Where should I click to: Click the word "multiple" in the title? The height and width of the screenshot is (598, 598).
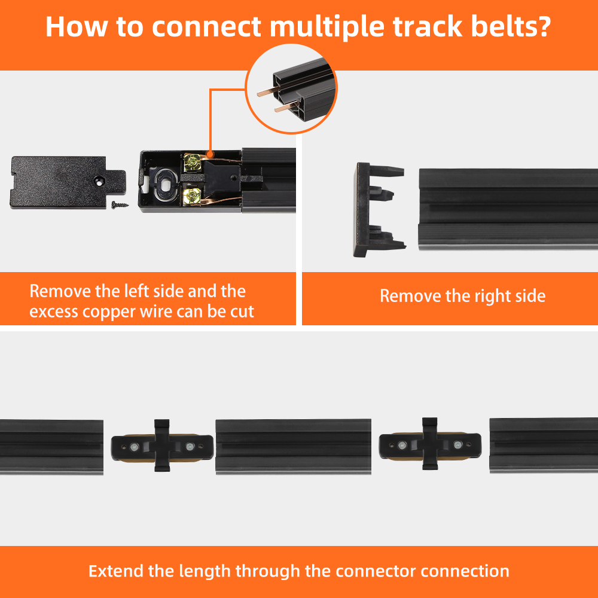pos(327,27)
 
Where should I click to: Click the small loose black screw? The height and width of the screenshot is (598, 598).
pos(120,205)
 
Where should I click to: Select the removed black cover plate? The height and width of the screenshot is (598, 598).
pos(68,182)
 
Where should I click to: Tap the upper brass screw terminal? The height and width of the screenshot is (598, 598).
pos(192,163)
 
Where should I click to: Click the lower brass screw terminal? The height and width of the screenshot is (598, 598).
pos(192,196)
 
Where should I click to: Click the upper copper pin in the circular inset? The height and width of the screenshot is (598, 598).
pos(269,91)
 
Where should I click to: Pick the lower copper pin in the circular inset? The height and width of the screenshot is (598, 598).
pos(286,108)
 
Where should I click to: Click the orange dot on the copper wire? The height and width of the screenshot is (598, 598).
pos(210,154)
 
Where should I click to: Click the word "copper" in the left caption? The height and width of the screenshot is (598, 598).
pos(109,312)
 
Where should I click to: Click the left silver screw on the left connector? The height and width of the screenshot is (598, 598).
pos(134,447)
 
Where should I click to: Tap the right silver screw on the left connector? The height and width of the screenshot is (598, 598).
pos(190,447)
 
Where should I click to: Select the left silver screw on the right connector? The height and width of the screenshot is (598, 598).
pos(402,445)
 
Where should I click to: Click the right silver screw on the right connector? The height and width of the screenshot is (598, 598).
pos(457,445)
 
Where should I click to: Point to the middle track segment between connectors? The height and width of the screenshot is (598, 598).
pos(293,447)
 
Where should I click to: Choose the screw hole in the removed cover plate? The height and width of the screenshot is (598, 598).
pos(99,182)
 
